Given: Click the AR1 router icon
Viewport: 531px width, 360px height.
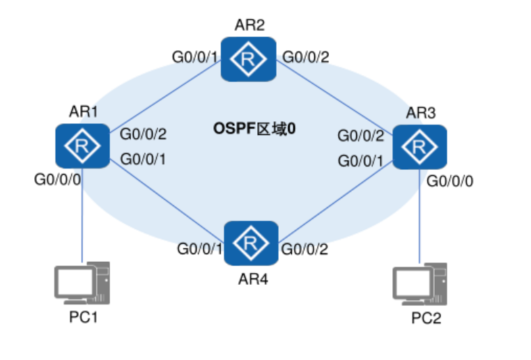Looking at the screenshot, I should pyautogui.click(x=82, y=146).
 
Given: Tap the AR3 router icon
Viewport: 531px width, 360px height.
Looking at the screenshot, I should pyautogui.click(x=420, y=146).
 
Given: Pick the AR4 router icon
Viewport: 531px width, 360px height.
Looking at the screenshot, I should pyautogui.click(x=251, y=243).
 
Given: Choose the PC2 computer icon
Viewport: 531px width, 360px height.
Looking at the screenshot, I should pyautogui.click(x=420, y=284).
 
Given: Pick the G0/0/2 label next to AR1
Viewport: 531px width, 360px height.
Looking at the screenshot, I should pyautogui.click(x=144, y=134).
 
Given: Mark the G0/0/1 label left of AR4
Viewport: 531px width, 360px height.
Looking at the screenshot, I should pyautogui.click(x=199, y=248).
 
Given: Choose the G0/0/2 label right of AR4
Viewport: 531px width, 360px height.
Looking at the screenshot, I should pyautogui.click(x=304, y=248).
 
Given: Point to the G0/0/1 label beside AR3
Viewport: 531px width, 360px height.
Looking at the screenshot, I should pyautogui.click(x=361, y=161).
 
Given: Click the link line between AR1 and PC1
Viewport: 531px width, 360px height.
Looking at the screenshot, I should pyautogui.click(x=82, y=216).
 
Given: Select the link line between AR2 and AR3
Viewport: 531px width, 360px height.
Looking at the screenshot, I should pyautogui.click(x=334, y=95).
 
